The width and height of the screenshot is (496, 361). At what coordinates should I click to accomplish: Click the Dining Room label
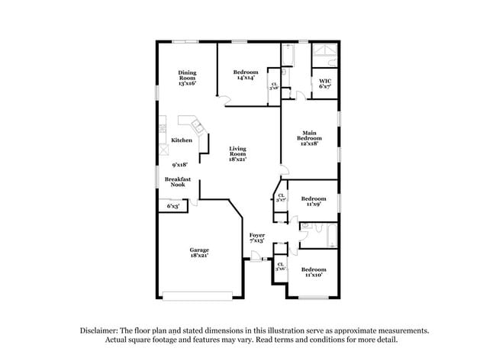(x=187, y=77)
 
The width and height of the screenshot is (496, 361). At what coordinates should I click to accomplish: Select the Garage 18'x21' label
(x=200, y=253)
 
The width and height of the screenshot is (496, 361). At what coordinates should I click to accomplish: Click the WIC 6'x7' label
(x=325, y=83)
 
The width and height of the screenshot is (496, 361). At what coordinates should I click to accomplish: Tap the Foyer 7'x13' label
(x=257, y=238)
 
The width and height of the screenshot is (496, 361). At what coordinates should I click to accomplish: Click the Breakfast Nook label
(x=177, y=182)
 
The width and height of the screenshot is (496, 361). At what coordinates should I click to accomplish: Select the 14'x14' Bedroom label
(x=246, y=75)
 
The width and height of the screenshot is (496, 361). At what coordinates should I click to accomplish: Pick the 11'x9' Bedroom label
(x=313, y=201)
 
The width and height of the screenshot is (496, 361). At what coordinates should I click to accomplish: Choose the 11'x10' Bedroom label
(x=313, y=272)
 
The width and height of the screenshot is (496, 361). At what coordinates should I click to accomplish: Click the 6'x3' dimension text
(x=173, y=206)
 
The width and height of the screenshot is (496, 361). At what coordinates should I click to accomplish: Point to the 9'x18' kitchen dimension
(x=180, y=164)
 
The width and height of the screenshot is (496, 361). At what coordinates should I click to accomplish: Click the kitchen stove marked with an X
(x=163, y=150)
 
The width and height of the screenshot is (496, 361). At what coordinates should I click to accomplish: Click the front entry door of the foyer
(x=252, y=261)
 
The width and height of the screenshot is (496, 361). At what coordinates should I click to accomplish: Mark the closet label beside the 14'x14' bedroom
(x=274, y=86)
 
